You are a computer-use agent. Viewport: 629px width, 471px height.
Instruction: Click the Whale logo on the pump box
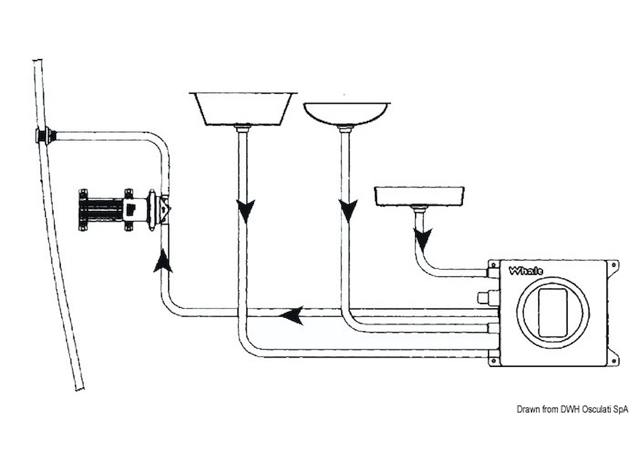526,271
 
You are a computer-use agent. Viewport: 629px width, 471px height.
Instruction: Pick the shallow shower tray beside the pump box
419,195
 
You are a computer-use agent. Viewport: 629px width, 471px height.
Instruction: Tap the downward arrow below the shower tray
423,239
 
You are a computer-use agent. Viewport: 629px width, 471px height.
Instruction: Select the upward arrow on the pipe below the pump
164,260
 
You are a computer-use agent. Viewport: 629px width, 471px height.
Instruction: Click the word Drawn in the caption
527,409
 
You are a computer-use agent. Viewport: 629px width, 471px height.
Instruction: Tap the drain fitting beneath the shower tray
418,208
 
